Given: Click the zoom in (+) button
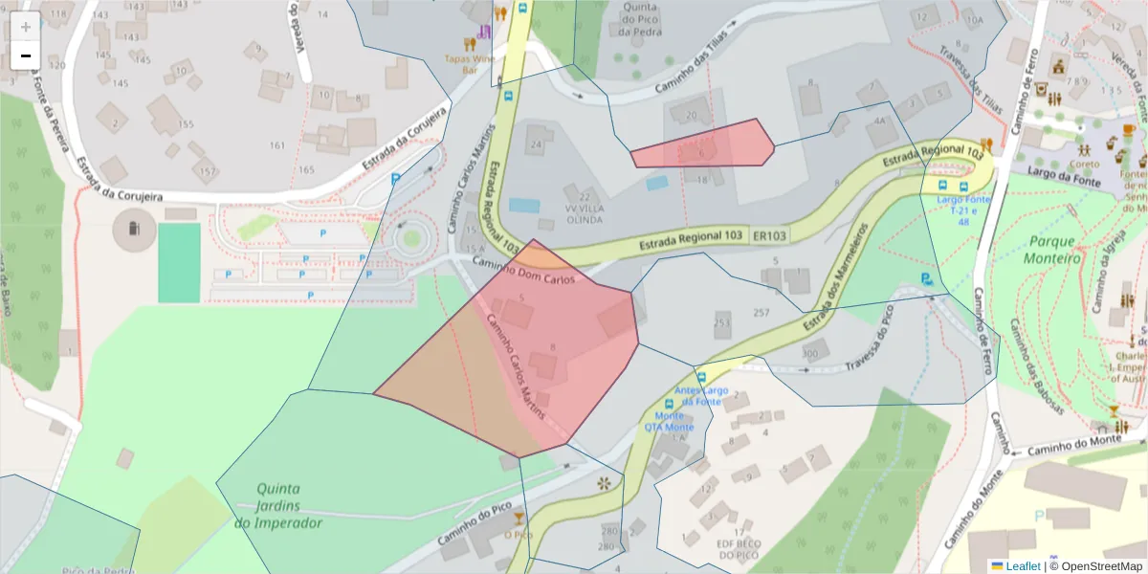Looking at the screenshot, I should coord(26,27).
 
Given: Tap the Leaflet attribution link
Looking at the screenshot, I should coord(1022,566).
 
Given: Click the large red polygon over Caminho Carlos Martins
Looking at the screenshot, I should coord(536,354).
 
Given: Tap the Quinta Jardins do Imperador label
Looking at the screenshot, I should coord(277,505).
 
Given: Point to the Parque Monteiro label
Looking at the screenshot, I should coord(1051,250).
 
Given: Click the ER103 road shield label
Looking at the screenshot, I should coord(770,235).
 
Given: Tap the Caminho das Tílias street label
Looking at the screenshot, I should coord(691,62).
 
